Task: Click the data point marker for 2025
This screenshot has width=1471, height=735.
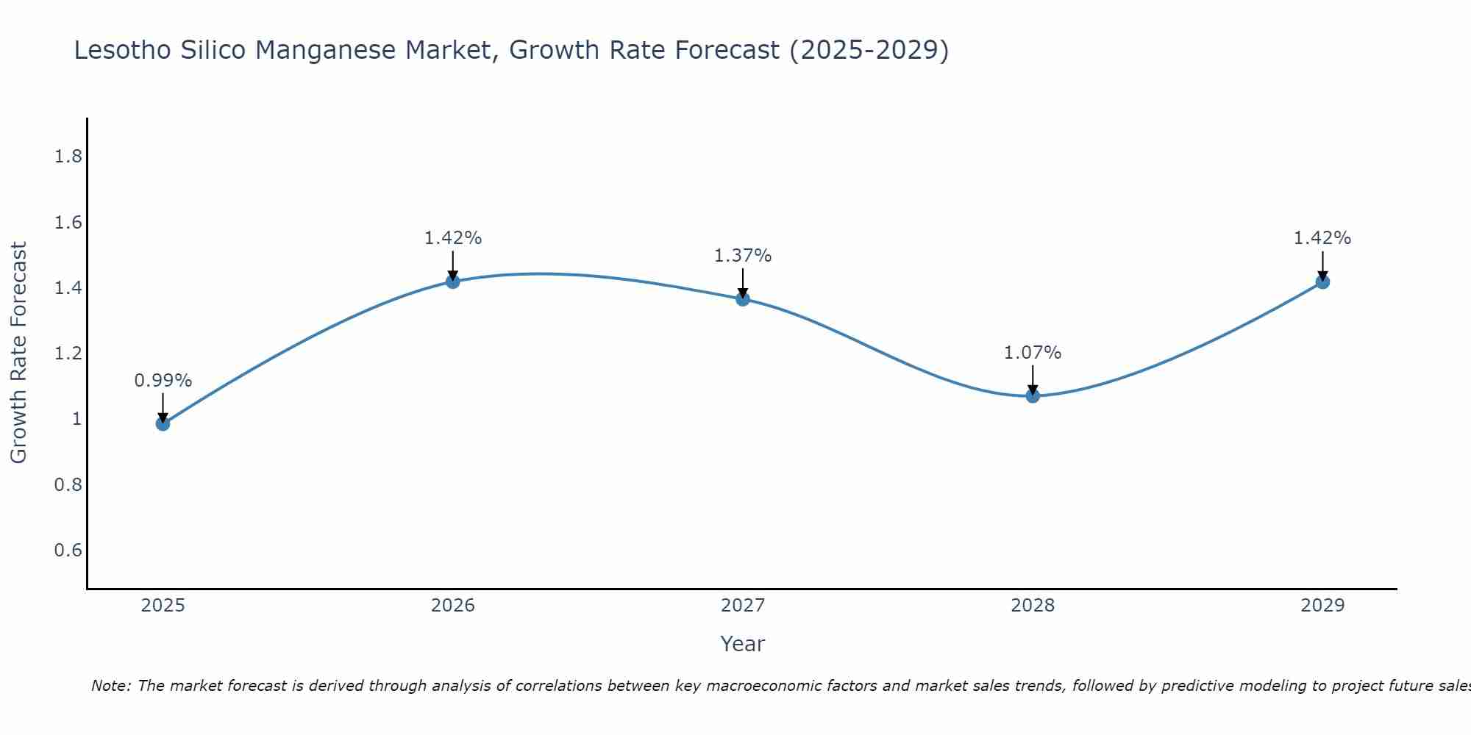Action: click(163, 423)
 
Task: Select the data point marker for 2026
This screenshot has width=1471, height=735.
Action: click(453, 282)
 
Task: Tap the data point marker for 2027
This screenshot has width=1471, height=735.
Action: click(743, 298)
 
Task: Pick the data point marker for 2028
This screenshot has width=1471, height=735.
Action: click(1033, 396)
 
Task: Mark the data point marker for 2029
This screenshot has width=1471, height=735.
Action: click(1322, 282)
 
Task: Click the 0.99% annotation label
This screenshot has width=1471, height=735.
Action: click(163, 381)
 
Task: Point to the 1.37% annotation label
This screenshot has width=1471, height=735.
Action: click(743, 256)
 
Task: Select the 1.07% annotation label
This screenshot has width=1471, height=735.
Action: click(1033, 353)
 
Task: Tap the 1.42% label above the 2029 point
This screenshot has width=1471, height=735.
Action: click(1322, 238)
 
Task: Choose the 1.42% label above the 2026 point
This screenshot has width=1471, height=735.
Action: click(453, 238)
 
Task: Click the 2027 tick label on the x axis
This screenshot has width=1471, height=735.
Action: click(743, 606)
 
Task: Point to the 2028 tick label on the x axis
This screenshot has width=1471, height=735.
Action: click(1033, 606)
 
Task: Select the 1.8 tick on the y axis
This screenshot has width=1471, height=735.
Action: click(68, 157)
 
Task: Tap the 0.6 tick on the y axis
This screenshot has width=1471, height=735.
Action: click(68, 551)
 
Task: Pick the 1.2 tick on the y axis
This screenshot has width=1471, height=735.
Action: click(68, 354)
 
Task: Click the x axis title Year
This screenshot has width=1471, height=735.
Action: click(743, 644)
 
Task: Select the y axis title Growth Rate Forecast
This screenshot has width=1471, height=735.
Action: click(18, 353)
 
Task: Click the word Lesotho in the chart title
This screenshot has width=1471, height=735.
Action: click(122, 50)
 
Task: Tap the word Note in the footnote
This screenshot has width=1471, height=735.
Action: click(110, 686)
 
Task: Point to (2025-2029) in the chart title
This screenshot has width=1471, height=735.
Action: click(869, 50)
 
